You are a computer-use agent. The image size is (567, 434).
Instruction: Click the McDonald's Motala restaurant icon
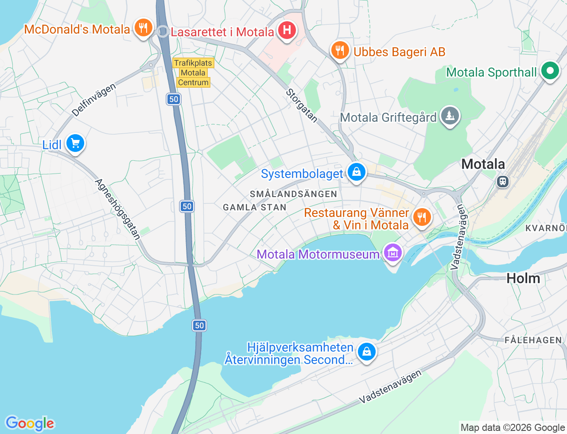coord(143,28)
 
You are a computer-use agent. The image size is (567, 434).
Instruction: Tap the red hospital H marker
coord(287,31)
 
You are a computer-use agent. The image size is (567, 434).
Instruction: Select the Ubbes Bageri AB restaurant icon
coord(340,50)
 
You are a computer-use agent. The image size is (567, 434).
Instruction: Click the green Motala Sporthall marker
coord(550,71)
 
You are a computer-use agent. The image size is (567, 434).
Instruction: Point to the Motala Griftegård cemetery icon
coord(450,116)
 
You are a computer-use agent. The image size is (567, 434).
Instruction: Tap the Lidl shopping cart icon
coord(75,143)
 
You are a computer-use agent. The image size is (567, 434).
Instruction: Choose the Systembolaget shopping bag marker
coord(356,172)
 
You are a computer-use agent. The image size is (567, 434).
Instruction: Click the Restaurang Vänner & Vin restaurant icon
coord(422,217)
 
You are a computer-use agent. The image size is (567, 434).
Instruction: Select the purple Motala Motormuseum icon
coord(393,253)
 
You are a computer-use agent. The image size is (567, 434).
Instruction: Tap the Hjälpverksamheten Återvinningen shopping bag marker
coord(366,352)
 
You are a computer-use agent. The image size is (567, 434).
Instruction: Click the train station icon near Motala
coord(502,181)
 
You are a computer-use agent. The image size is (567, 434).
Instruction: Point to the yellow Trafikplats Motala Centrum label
coord(193,73)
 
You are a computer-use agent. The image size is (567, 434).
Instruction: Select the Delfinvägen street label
coord(94,100)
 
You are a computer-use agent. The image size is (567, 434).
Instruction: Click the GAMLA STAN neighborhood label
coord(255,207)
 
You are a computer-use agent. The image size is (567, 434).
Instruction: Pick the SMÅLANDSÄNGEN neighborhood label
coord(293,194)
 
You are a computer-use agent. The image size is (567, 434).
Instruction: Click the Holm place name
coord(523,278)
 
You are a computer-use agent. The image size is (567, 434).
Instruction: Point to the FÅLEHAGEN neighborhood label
coord(533,340)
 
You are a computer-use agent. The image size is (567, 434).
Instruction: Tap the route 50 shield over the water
coord(199,325)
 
